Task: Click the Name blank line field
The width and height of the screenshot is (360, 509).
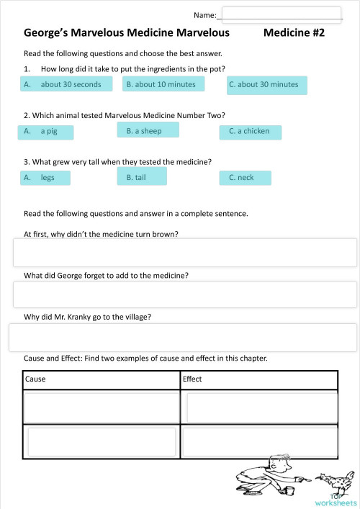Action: point(282,14)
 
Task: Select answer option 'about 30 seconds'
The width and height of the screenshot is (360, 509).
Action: point(66,84)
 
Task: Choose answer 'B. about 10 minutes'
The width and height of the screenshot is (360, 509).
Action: point(161,84)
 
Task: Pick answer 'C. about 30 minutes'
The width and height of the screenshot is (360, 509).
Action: point(264,85)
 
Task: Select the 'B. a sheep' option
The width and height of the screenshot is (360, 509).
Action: point(147,130)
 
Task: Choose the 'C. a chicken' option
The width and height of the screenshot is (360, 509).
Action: point(250,132)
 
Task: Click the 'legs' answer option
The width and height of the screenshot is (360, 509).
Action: point(45,178)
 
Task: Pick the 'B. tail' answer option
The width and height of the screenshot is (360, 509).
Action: point(141,176)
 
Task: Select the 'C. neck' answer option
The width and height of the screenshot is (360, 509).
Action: point(245,178)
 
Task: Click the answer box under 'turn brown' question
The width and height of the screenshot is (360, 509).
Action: point(185,253)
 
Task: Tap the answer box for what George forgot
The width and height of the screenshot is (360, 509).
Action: point(185,294)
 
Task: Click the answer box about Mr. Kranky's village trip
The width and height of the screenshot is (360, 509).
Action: point(183,337)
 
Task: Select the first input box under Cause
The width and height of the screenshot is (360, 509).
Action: point(102,407)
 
